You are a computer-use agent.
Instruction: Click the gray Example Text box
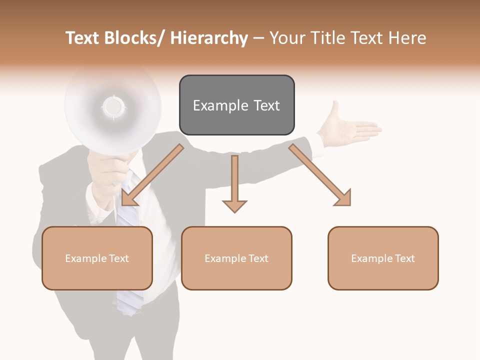coord(236,105)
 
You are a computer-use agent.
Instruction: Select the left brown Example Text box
coord(97,258)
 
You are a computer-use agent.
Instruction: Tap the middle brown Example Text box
coord(236,258)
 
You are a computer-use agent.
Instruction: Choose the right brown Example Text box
coord(383,258)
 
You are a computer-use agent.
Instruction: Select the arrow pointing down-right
coord(320,175)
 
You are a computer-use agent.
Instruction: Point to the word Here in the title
coord(408,38)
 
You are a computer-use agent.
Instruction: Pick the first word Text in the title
coord(83,38)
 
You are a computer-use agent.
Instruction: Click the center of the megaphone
coord(113,106)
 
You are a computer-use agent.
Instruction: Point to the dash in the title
coord(258,38)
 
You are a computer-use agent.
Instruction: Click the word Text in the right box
coord(403,258)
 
